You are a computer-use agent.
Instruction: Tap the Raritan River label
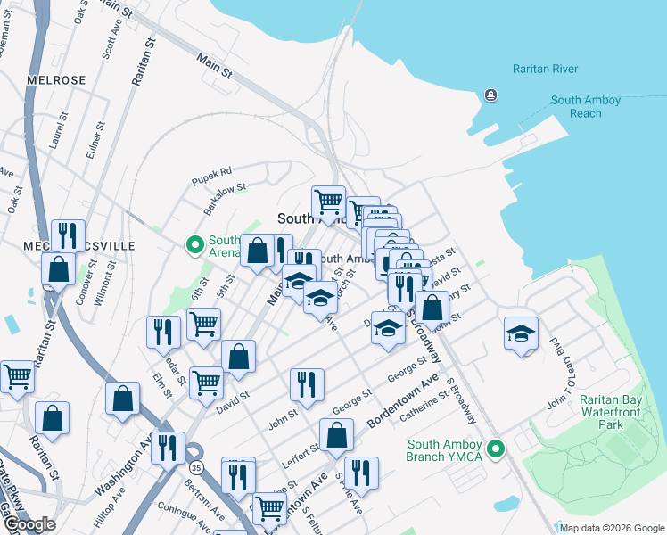[545, 70]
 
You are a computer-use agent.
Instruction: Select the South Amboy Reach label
[585, 107]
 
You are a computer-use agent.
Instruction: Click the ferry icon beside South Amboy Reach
[490, 95]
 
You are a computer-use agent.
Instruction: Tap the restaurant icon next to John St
[307, 385]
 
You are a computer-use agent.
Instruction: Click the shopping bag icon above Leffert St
[337, 436]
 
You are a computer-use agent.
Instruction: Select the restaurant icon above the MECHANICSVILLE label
[68, 235]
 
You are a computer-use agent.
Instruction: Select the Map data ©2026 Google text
[612, 528]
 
